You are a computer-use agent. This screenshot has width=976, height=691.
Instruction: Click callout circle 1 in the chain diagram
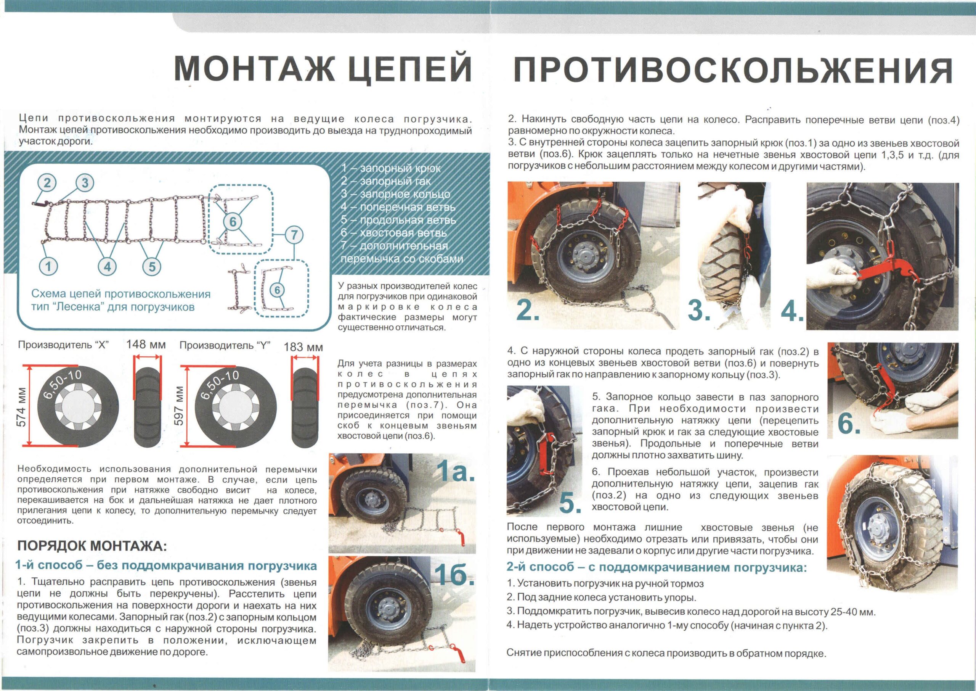coord(48,267)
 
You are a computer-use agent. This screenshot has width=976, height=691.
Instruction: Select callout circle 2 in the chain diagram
coord(47,183)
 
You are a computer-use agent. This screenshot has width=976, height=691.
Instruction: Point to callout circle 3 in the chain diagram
coord(85,183)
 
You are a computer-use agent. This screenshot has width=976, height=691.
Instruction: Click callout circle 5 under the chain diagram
coord(152,267)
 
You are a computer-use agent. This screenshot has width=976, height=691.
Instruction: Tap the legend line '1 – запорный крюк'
coord(391,168)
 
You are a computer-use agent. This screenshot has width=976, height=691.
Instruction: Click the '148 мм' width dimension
coord(146,344)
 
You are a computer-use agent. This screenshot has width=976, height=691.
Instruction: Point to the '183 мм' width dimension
coord(303,347)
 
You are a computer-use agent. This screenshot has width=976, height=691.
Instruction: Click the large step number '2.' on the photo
coord(528,311)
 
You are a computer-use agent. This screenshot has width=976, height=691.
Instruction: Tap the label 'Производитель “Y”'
coord(225,345)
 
